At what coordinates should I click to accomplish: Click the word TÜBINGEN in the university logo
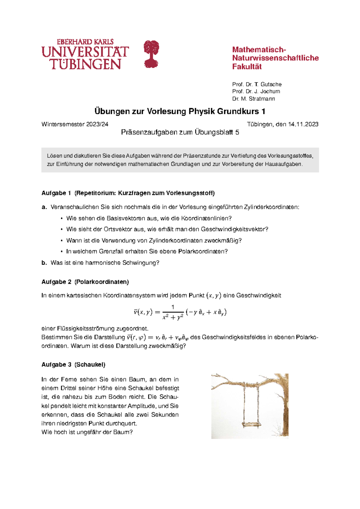(86, 64)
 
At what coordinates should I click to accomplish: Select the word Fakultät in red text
(247, 67)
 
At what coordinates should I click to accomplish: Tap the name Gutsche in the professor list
(271, 84)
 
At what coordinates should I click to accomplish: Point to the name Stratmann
(262, 99)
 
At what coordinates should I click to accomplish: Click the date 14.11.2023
(303, 124)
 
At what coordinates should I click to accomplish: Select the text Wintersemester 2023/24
(75, 124)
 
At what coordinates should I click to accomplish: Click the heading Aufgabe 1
(56, 193)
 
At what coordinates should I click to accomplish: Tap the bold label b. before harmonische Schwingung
(44, 263)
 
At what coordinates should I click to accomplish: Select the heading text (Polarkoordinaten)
(102, 282)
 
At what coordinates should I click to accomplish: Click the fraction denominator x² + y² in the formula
(172, 317)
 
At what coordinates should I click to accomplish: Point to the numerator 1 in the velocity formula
(173, 307)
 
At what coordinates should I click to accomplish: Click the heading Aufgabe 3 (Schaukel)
(73, 365)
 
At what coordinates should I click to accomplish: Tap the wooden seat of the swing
(251, 424)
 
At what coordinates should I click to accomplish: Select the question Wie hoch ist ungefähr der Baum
(87, 432)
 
